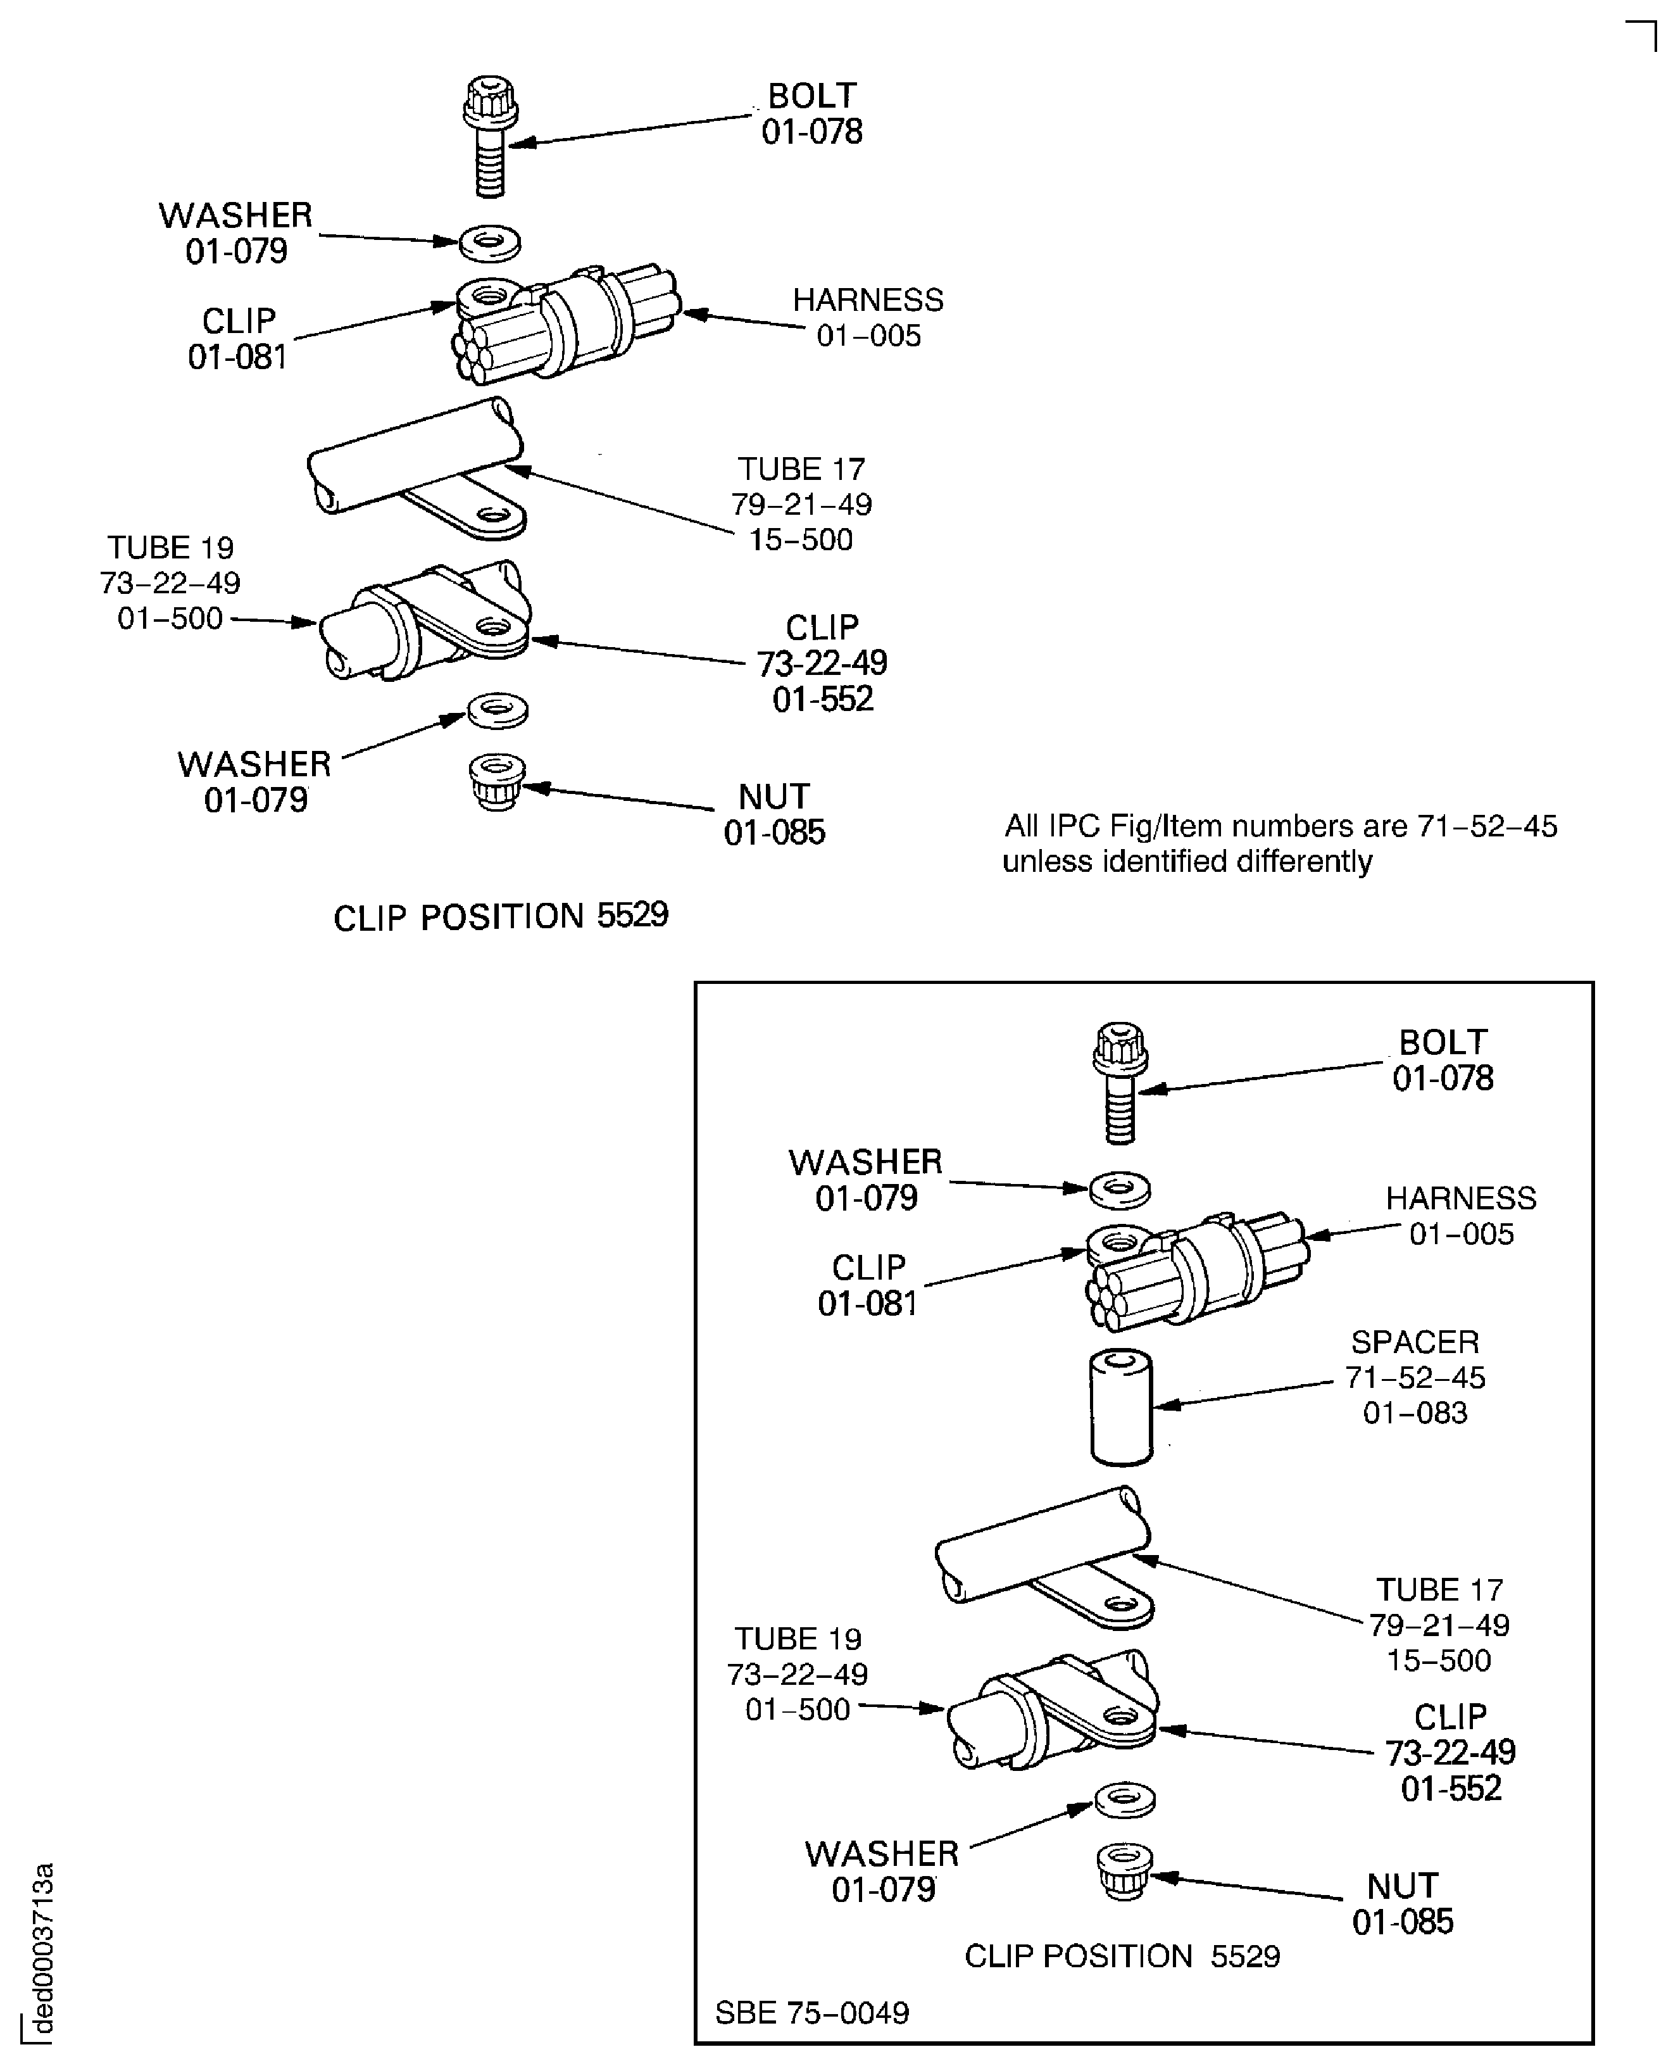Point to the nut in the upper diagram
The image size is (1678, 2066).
tap(497, 782)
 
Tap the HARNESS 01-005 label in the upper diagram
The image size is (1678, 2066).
tap(868, 317)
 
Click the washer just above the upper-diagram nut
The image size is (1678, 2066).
tap(498, 710)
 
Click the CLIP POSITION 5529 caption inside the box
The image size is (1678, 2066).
tap(1122, 1956)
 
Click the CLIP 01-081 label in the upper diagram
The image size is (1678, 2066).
tap(238, 338)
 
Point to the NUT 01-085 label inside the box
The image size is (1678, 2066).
tap(1403, 1903)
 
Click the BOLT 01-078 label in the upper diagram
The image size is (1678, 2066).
tap(812, 113)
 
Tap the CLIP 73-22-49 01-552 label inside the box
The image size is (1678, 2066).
tap(1450, 1752)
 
